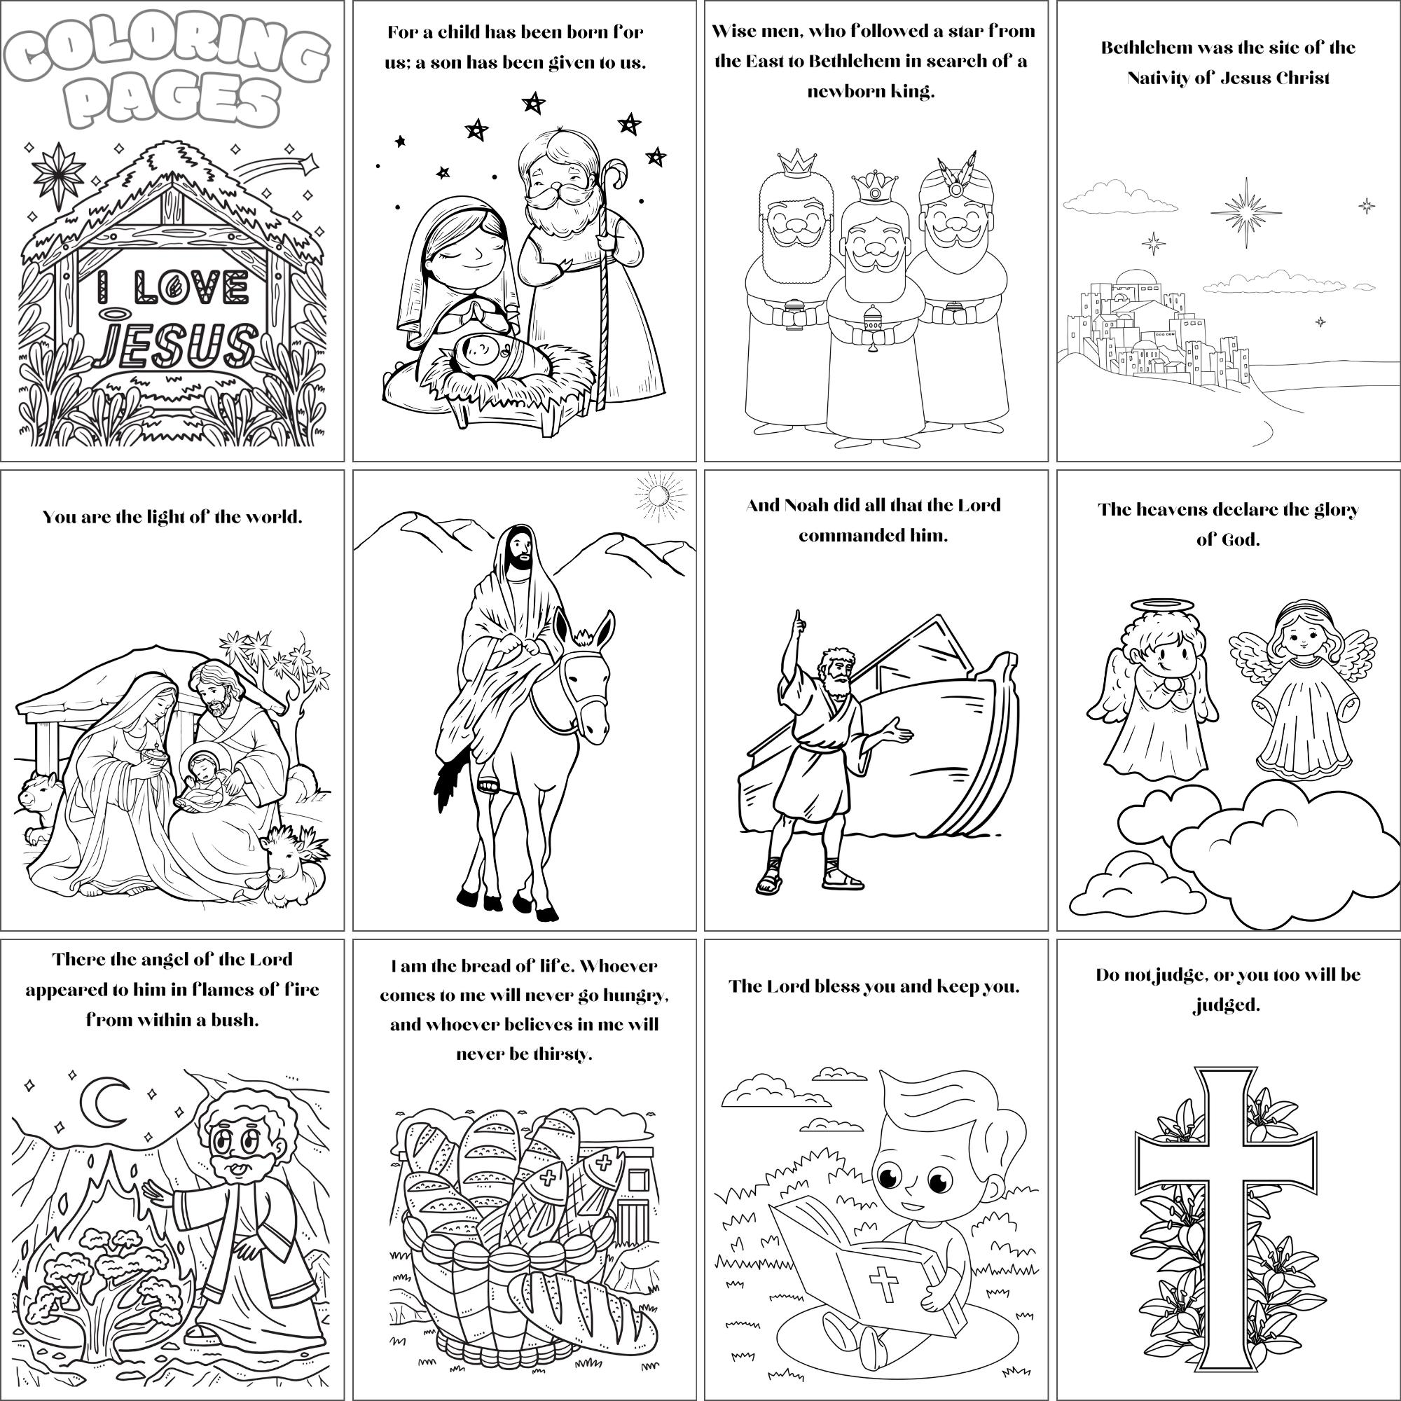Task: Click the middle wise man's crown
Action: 873,187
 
